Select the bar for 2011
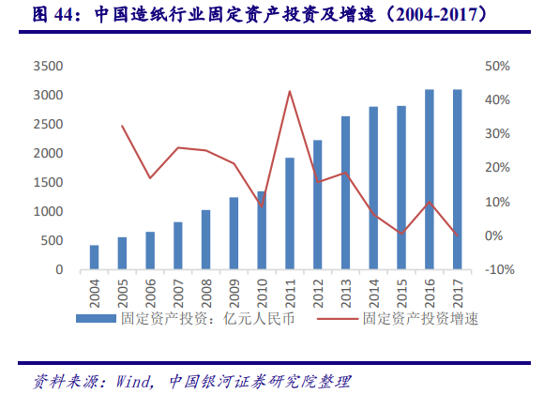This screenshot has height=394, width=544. [290, 214]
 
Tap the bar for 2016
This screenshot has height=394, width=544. [429, 180]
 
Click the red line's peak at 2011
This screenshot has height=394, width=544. [290, 91]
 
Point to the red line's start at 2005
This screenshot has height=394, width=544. [122, 126]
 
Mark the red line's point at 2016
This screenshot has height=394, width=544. [429, 202]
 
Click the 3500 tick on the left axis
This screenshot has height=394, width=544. [46, 67]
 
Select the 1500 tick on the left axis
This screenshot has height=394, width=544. [46, 183]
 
